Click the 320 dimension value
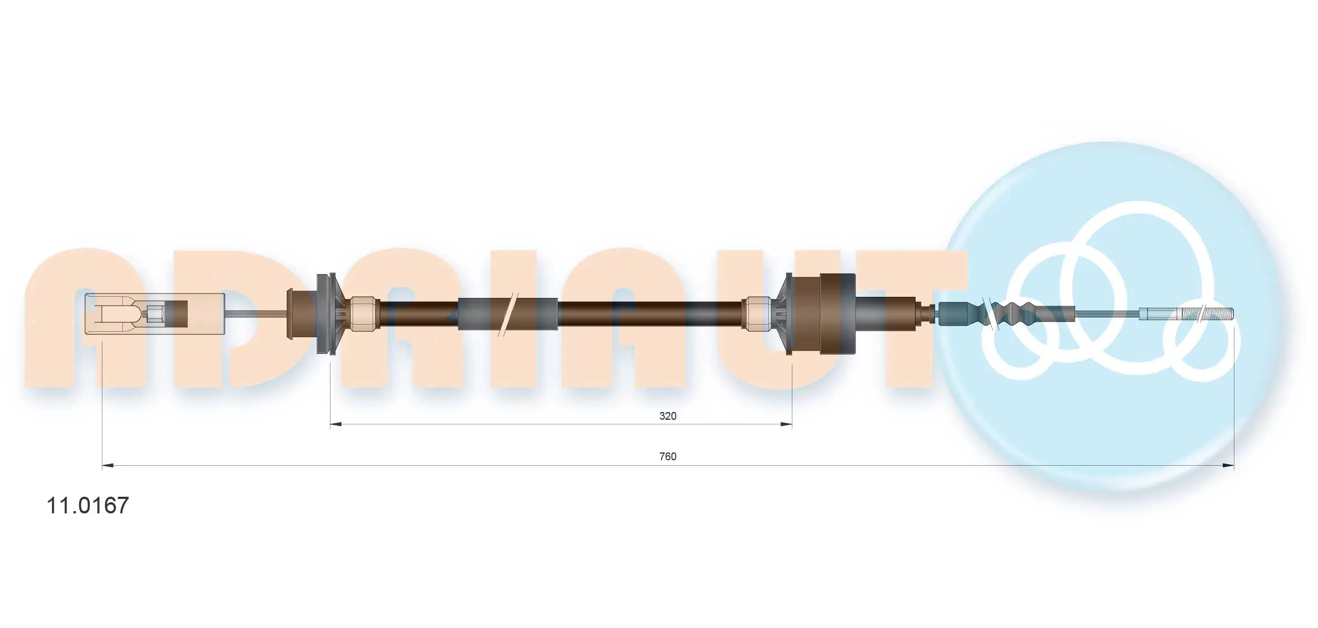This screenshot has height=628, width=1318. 667,416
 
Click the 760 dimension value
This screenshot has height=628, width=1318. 667,456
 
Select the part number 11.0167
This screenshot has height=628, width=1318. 87,505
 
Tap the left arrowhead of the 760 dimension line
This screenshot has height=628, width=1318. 108,466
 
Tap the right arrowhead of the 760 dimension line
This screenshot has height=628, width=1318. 1228,466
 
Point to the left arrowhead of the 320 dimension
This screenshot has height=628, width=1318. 336,424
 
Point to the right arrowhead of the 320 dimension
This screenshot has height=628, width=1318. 786,424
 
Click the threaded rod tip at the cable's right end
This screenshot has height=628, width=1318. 1212,313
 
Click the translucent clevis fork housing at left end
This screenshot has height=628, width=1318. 111,313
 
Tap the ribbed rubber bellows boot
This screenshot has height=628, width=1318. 1013,314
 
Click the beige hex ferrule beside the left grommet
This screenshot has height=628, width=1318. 364,313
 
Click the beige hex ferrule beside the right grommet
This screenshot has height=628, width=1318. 758,313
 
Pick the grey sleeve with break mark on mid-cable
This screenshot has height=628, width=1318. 506,314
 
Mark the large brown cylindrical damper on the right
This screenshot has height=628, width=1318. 837,313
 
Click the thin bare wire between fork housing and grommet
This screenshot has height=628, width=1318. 255,314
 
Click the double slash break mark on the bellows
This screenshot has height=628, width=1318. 989,314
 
